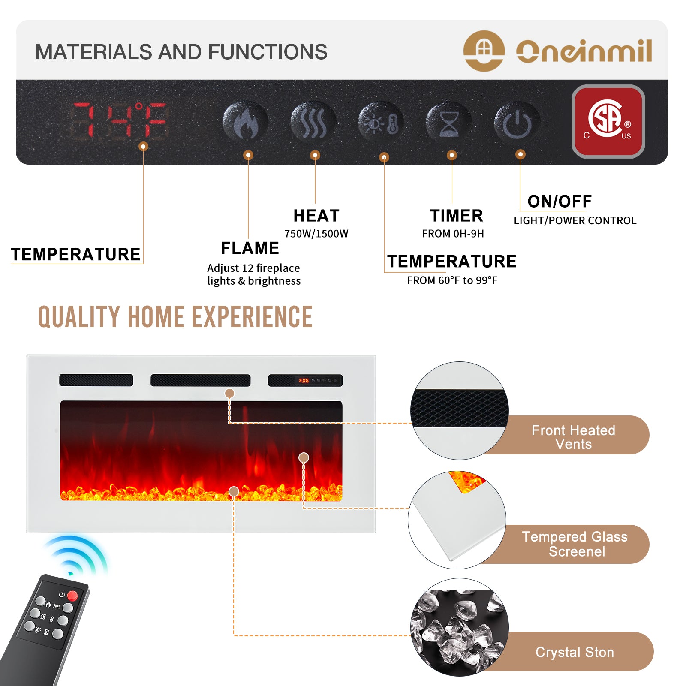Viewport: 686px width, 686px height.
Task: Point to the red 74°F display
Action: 119,120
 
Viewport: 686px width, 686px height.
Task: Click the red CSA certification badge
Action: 608,121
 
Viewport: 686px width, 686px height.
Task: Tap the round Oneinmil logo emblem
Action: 484,51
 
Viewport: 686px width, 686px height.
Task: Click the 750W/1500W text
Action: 316,234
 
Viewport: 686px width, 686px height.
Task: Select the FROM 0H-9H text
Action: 453,234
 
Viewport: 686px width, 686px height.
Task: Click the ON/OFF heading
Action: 560,201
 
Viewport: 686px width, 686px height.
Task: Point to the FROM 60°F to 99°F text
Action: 452,280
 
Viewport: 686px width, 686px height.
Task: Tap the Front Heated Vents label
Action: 574,437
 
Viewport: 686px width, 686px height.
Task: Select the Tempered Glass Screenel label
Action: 575,544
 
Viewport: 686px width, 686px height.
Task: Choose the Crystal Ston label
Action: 575,652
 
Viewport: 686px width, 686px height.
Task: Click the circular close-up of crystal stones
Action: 459,627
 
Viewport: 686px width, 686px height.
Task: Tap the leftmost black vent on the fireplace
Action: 96,380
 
